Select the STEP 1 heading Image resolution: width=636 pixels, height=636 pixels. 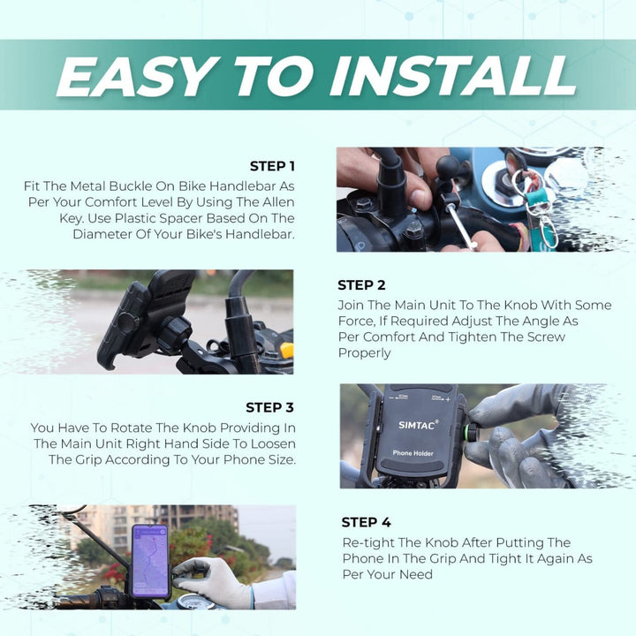(x=272, y=166)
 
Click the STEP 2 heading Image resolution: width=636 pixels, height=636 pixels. (x=361, y=285)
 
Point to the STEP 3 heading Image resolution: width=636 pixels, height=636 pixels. (x=269, y=407)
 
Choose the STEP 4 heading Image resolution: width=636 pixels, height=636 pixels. (x=366, y=522)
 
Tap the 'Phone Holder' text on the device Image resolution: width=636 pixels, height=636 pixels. (x=413, y=453)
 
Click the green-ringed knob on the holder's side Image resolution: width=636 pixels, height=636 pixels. (x=472, y=433)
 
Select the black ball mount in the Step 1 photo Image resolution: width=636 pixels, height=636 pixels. (x=448, y=166)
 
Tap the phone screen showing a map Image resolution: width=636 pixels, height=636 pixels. (x=150, y=561)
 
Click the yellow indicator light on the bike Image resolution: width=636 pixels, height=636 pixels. (x=287, y=351)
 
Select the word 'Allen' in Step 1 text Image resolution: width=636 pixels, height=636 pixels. (x=278, y=202)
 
